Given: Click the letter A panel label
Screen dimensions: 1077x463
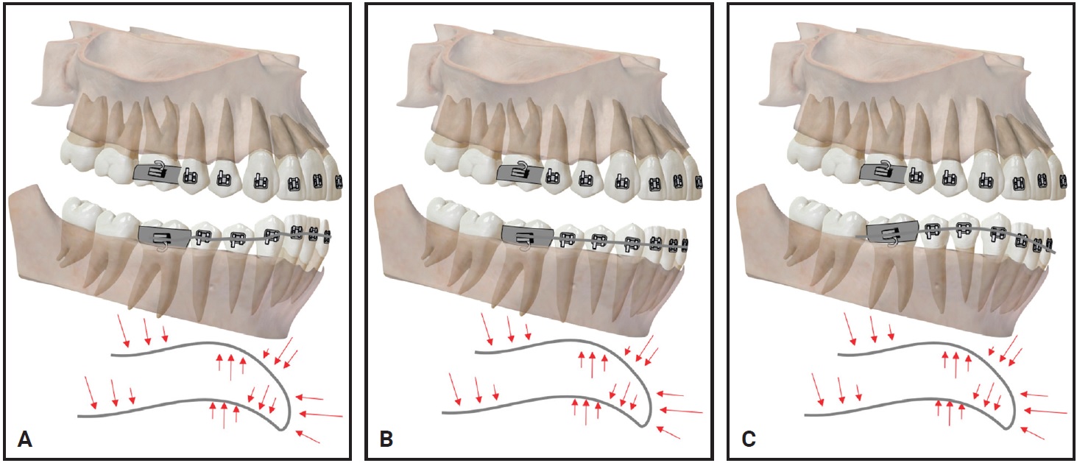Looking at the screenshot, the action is (25, 439).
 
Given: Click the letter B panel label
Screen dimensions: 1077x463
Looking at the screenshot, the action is (386, 439).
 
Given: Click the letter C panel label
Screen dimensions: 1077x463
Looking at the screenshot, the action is (749, 439).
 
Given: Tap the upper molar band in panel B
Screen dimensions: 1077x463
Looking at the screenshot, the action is (521, 174).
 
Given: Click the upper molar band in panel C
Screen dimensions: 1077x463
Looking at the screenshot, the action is (884, 174).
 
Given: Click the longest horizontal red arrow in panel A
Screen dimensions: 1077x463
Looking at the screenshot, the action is (321, 414).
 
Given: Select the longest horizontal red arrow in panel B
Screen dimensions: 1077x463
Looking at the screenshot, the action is (682, 411).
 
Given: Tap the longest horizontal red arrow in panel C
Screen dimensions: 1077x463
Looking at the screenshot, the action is (1045, 411).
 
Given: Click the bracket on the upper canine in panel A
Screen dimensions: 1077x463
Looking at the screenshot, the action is (258, 181).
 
